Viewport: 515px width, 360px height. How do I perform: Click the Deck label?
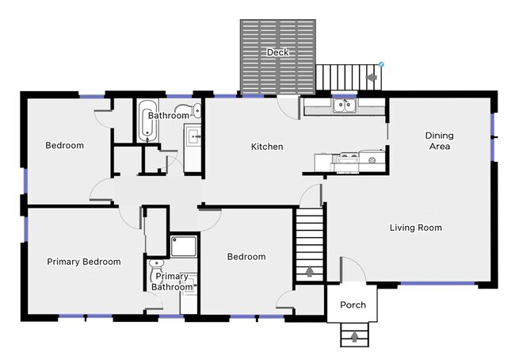click(278, 52)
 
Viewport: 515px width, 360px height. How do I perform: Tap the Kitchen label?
click(267, 147)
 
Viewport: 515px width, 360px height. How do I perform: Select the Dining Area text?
click(440, 140)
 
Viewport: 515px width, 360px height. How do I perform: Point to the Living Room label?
click(416, 228)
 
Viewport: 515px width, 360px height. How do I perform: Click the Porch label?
click(353, 304)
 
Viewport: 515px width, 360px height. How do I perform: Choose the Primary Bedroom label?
click(84, 262)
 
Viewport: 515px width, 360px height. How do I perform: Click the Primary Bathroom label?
click(172, 281)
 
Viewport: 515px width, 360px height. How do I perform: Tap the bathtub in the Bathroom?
click(147, 121)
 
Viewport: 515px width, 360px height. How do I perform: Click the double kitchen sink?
click(344, 106)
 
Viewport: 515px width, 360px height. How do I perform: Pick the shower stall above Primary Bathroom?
click(184, 246)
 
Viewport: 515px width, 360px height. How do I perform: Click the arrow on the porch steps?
click(354, 337)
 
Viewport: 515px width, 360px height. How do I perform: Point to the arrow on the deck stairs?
click(372, 78)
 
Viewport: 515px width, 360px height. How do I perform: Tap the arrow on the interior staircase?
click(309, 271)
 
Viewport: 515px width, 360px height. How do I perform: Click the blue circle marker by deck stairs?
click(381, 64)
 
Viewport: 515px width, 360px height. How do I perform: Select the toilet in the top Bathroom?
click(189, 110)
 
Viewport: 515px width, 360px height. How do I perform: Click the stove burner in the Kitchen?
click(372, 160)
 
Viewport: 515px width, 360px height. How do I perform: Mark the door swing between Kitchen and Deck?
click(288, 107)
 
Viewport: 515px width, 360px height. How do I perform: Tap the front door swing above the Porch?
click(353, 270)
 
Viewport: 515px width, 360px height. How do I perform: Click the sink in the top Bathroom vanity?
click(194, 136)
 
